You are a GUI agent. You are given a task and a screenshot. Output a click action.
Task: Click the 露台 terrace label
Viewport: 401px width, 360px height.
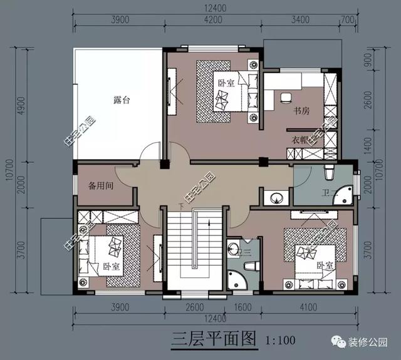click(x=113, y=100)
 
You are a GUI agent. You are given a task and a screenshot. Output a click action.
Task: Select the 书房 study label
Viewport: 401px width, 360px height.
click(x=302, y=111)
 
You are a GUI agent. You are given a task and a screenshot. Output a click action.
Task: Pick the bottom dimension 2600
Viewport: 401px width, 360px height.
click(x=195, y=307)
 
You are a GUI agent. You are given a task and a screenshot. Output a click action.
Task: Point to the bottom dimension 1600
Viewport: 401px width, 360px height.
click(x=244, y=307)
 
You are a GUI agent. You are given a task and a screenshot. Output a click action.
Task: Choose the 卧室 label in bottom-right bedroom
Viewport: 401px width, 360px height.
click(x=324, y=266)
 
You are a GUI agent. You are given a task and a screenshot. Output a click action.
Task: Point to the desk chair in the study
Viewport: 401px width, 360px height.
click(x=285, y=97)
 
